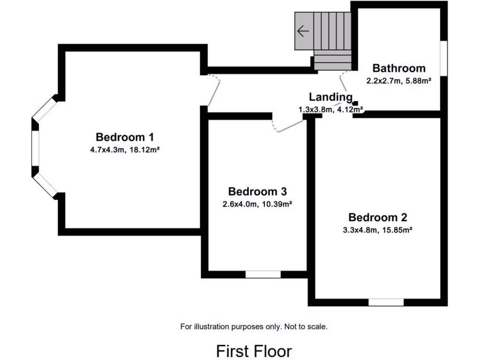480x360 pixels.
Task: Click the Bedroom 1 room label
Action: [x=125, y=137]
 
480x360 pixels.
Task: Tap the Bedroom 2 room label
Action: [x=377, y=217]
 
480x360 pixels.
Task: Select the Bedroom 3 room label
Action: [x=257, y=192]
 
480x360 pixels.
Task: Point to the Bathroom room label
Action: [x=399, y=68]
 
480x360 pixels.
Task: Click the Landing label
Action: [x=330, y=97]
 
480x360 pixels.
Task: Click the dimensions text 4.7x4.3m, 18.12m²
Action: [x=125, y=150]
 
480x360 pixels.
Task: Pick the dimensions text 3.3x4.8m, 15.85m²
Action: [x=377, y=230]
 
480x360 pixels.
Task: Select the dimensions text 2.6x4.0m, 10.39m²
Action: [x=257, y=204]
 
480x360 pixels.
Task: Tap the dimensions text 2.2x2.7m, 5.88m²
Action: [x=399, y=81]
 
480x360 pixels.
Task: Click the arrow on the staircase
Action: [x=303, y=31]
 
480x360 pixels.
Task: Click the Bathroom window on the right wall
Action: [x=443, y=57]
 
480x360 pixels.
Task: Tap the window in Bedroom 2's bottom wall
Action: [x=386, y=302]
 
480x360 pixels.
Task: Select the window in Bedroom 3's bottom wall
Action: [x=263, y=274]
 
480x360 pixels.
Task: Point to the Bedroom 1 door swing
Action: [x=215, y=90]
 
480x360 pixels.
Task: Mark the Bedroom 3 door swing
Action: [x=287, y=126]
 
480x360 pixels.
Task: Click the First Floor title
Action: [x=254, y=351]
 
